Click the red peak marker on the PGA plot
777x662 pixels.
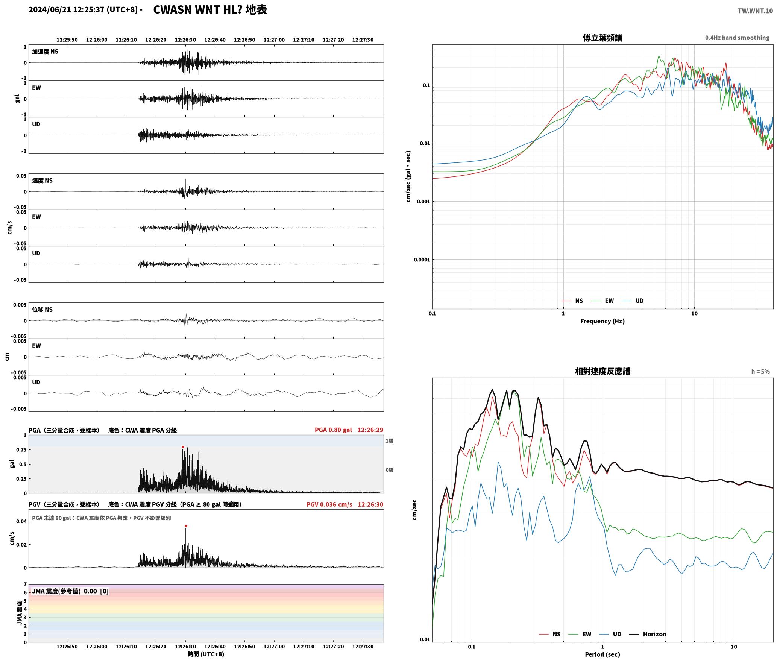point(183,447)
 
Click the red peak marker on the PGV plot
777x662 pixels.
point(186,526)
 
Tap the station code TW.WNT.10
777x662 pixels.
point(755,11)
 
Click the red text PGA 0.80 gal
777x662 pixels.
point(333,430)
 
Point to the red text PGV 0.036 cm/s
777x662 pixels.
point(329,504)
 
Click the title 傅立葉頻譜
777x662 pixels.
point(602,38)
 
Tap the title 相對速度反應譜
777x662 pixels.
point(602,371)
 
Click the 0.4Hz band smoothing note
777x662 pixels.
point(737,38)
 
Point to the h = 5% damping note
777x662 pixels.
point(760,372)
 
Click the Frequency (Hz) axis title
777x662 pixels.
point(602,321)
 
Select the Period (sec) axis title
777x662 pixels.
point(602,654)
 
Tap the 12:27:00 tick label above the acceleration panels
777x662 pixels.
point(274,40)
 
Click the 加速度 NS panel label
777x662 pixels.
point(45,52)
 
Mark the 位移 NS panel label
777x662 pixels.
point(42,310)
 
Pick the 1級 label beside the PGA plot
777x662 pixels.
point(389,441)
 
